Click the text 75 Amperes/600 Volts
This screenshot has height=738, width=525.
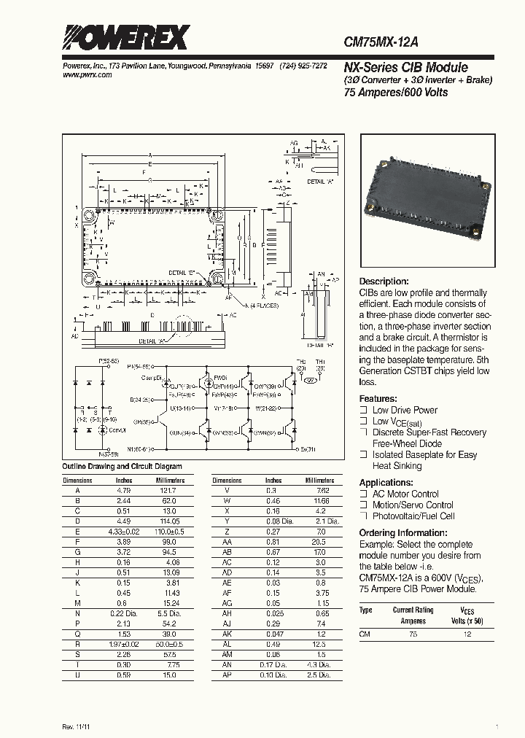(395, 93)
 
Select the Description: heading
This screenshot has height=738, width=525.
(384, 281)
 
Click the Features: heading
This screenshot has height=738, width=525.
(378, 399)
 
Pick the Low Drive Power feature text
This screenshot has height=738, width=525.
(405, 410)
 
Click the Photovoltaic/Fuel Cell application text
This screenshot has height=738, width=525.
(413, 516)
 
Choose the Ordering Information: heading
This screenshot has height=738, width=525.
(405, 532)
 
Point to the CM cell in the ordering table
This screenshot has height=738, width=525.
(365, 634)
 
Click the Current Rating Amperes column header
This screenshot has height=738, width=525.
(413, 615)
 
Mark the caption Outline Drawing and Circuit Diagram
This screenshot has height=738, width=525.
(122, 466)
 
